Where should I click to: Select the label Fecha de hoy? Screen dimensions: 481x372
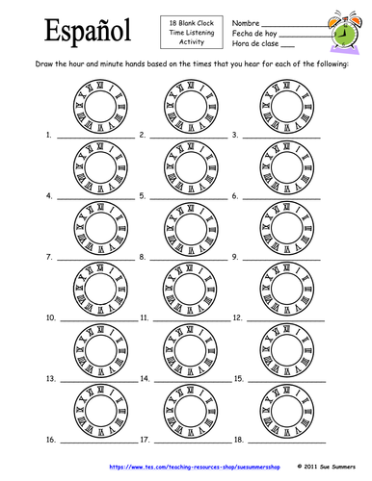point(252,33)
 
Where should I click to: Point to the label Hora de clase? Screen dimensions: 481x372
point(253,44)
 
